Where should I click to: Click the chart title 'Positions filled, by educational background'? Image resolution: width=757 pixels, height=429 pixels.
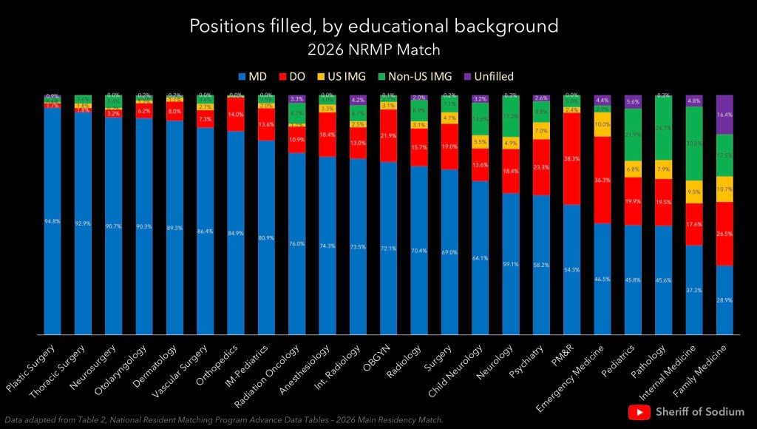373,27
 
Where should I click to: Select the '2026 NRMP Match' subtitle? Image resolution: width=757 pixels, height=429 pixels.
373,50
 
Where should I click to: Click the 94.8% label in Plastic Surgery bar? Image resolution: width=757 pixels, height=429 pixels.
52,221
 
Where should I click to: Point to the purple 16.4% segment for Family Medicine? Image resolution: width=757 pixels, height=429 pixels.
724,115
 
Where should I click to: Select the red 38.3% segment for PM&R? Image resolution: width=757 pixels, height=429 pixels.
571,159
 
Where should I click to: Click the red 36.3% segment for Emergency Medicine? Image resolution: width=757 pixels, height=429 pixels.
602,180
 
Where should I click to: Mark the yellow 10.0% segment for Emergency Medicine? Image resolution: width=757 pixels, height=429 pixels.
602,124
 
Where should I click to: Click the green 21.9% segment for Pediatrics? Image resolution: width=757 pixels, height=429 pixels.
633,135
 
